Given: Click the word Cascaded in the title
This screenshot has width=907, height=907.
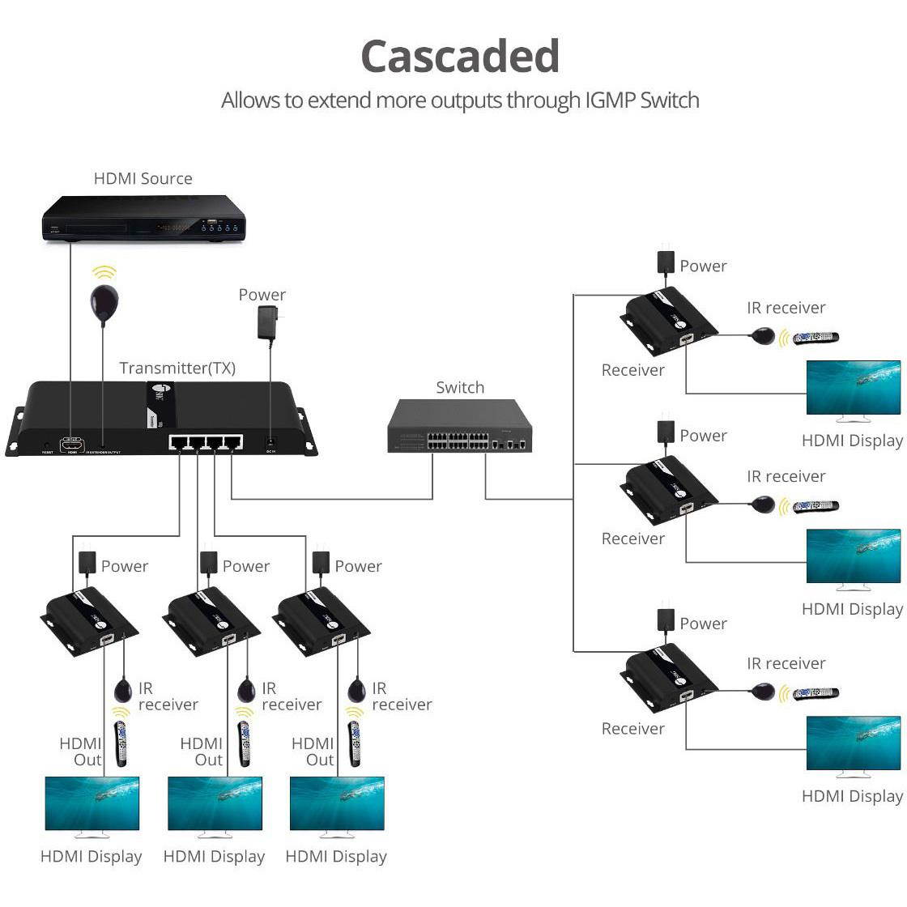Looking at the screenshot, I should tap(459, 57).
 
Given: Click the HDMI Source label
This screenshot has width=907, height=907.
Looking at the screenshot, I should tap(143, 179).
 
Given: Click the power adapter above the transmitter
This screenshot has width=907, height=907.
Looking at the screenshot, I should tap(266, 322).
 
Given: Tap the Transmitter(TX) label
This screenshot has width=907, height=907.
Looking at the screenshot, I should tap(177, 368).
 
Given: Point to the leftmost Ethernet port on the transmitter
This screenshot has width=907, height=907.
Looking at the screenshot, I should tap(179, 443).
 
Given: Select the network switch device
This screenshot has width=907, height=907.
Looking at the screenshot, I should tap(459, 427).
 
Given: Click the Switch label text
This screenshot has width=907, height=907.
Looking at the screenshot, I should tap(459, 388).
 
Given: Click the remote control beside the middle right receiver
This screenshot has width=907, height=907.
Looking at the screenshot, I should tap(815, 506).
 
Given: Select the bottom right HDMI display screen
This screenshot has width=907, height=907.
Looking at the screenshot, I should tap(853, 743).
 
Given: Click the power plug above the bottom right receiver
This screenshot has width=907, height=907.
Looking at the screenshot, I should tap(665, 619).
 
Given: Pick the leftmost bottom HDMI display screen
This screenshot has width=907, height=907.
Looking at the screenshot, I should tap(92, 803).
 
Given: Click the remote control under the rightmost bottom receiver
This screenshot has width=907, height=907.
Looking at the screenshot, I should tap(354, 741).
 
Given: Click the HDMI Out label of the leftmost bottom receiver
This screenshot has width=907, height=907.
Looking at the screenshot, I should tap(81, 752).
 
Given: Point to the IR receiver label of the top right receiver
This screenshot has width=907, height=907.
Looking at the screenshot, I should tap(786, 308).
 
